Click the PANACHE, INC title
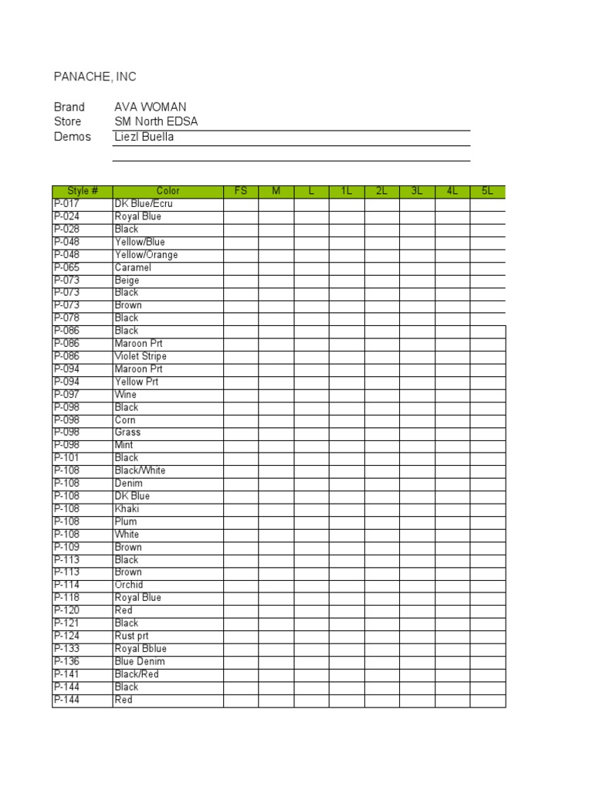tap(94, 76)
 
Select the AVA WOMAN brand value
tap(150, 107)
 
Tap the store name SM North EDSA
tap(156, 122)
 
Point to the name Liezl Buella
tap(144, 137)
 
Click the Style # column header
tap(83, 191)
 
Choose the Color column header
tap(168, 191)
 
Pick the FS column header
tap(241, 191)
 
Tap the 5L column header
tap(487, 191)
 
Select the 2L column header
tap(381, 191)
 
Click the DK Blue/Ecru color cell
tap(144, 204)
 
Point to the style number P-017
tap(66, 204)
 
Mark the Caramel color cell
tap(133, 267)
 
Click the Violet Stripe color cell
tap(141, 356)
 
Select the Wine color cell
tap(126, 395)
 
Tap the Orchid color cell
tap(129, 585)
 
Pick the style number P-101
tap(66, 458)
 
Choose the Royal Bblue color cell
tap(141, 649)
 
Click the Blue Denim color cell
tap(140, 661)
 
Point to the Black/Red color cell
tap(137, 674)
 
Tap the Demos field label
tap(72, 137)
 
